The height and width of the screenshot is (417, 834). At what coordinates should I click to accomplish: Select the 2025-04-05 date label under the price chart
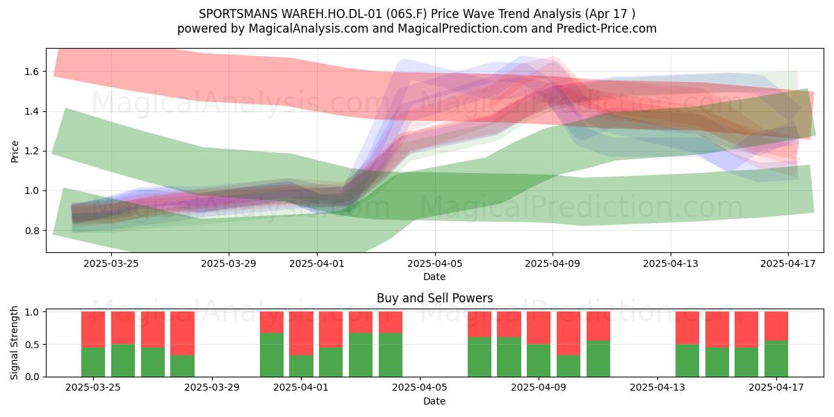click(435, 263)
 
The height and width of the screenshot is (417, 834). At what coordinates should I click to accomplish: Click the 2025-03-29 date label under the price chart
click(229, 263)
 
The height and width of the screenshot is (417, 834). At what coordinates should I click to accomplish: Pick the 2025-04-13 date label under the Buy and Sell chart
click(657, 388)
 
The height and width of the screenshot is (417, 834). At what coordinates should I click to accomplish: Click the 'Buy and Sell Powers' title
click(435, 298)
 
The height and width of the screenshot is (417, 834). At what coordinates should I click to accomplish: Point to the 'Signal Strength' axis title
click(14, 343)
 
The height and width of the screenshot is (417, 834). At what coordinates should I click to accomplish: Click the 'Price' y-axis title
click(15, 152)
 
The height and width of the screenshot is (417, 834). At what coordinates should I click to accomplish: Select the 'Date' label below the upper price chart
click(434, 277)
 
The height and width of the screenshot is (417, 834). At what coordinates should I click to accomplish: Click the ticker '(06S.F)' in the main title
click(409, 14)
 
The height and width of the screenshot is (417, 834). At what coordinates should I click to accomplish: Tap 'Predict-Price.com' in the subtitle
click(607, 28)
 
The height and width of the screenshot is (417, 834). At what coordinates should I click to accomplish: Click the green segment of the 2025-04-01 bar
click(301, 366)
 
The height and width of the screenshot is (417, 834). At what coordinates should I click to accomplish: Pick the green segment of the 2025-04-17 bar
click(776, 359)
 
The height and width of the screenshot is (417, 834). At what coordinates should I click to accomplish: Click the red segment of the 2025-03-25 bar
click(93, 329)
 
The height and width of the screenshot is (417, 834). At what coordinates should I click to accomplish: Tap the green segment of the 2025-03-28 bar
click(182, 366)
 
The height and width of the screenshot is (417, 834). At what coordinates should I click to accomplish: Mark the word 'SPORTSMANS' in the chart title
click(238, 14)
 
